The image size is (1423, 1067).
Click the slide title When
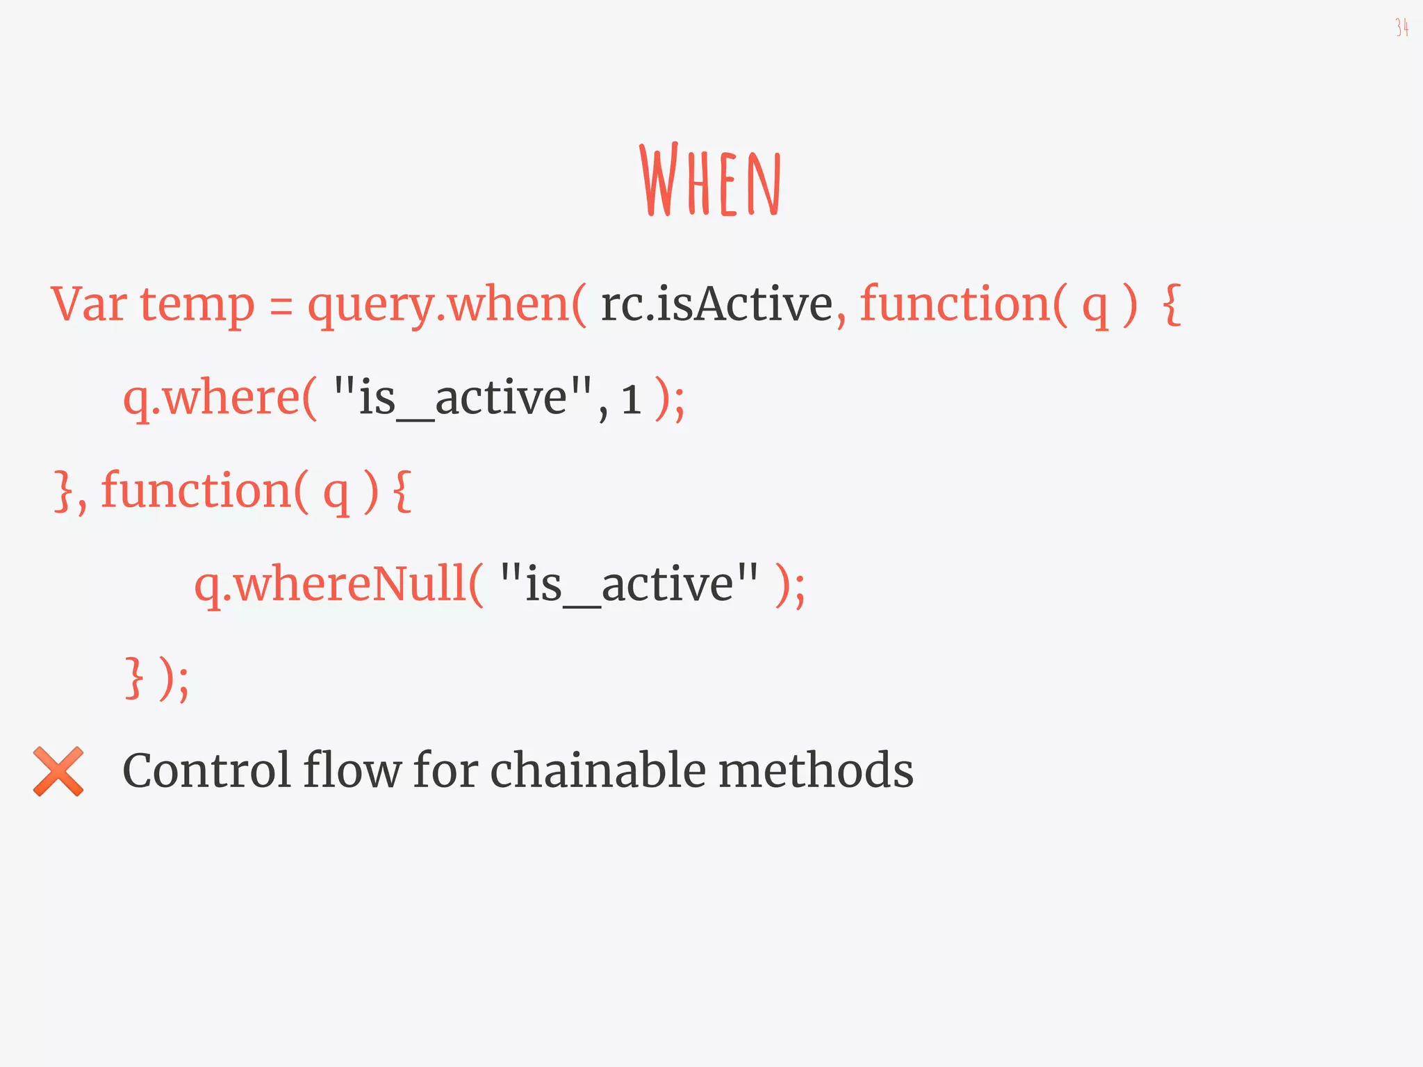point(711,181)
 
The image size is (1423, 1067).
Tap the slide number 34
point(1401,28)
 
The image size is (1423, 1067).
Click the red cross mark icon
point(58,771)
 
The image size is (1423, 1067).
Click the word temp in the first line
point(197,306)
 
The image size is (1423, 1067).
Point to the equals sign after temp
point(281,306)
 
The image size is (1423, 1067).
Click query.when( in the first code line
point(447,306)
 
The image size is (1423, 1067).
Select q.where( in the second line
point(220,399)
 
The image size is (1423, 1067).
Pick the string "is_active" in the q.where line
point(463,399)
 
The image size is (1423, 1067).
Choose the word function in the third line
point(197,490)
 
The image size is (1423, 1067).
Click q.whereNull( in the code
point(338,584)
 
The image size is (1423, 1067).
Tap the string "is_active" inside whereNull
point(629,584)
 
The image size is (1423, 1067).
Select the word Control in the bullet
point(206,771)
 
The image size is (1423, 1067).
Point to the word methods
point(816,771)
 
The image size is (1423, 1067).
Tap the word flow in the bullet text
point(352,771)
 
